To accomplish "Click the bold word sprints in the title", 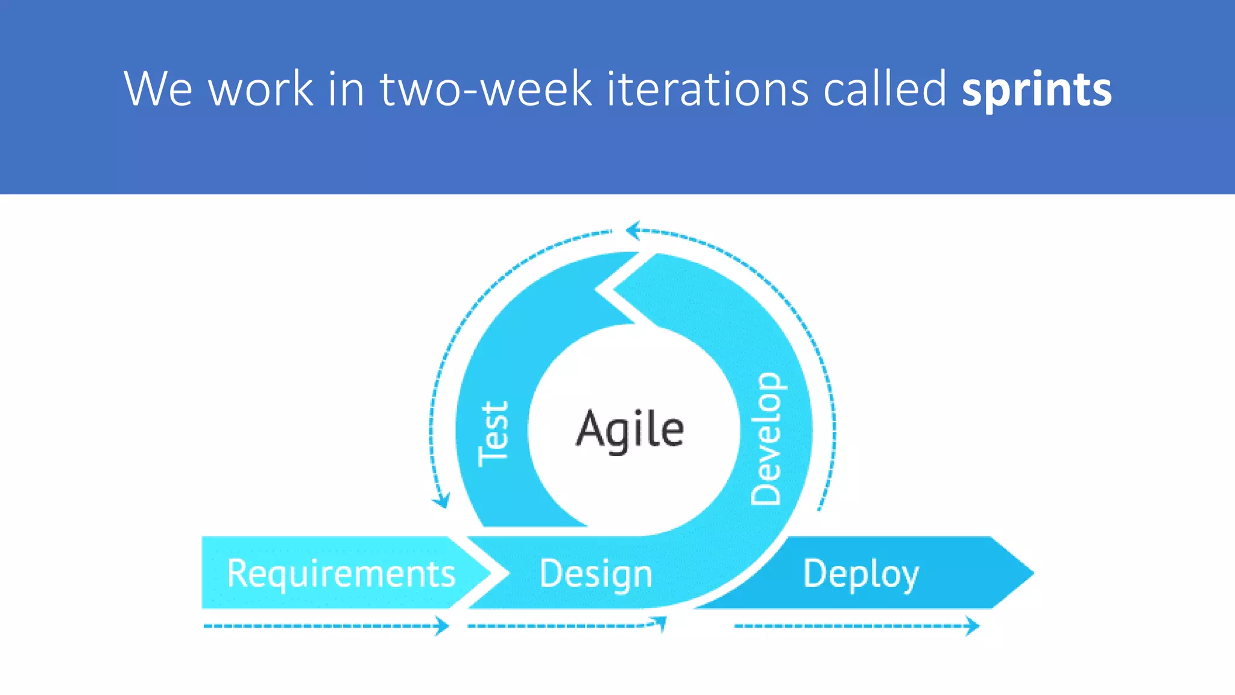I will pyautogui.click(x=1036, y=89).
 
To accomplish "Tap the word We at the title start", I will pyautogui.click(x=158, y=89).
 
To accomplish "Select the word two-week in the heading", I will pyautogui.click(x=485, y=89).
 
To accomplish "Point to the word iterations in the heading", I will pyautogui.click(x=707, y=89).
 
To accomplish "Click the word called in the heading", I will pyautogui.click(x=885, y=89).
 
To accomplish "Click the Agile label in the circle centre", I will pyautogui.click(x=630, y=429).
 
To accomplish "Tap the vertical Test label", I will pyautogui.click(x=494, y=433).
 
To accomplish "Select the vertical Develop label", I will pyautogui.click(x=766, y=439).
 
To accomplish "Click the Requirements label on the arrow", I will pyautogui.click(x=341, y=573).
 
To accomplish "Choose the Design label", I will pyautogui.click(x=596, y=573).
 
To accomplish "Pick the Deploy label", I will pyautogui.click(x=861, y=573).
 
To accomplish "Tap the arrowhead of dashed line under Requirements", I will pyautogui.click(x=444, y=626).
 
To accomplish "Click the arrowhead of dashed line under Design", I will pyautogui.click(x=662, y=623).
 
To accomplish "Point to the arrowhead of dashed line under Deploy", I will pyautogui.click(x=973, y=626).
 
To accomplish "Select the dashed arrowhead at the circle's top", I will pyautogui.click(x=632, y=230).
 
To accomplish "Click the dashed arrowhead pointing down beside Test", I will pyautogui.click(x=442, y=501).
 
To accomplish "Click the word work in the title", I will pyautogui.click(x=261, y=89).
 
